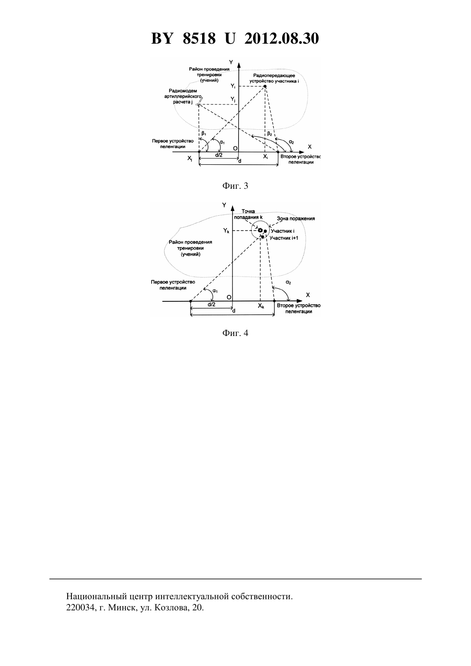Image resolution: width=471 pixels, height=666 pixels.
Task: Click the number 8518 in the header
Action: point(199,39)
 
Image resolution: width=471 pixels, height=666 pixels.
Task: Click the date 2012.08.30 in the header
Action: point(281,39)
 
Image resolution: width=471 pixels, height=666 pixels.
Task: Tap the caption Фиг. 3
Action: point(235,186)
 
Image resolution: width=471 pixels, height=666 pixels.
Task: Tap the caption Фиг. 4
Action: point(235,333)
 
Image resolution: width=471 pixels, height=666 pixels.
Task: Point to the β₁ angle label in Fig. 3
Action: point(204,134)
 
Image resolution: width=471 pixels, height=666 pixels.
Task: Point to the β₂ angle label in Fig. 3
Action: point(269,134)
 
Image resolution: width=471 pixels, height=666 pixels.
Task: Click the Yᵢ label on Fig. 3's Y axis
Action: point(233,86)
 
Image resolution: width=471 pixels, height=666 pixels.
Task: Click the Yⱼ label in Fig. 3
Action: point(233,99)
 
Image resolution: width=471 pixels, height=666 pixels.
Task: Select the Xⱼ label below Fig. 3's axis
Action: point(190,159)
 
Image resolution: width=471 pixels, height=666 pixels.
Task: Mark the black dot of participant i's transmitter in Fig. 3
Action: point(265,86)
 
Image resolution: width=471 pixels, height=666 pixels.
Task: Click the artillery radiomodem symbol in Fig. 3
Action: point(200,102)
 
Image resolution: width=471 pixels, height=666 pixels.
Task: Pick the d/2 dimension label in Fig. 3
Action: point(218,155)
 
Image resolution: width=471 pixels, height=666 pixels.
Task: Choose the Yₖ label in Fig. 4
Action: point(226,230)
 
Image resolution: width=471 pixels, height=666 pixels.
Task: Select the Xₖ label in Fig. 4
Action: point(261,306)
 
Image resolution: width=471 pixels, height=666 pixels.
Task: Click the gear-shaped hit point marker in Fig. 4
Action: point(260,230)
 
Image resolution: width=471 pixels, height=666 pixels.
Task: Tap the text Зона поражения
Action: point(296,219)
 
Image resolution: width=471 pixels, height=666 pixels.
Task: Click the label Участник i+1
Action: point(283,238)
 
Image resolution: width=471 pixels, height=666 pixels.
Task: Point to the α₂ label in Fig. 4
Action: point(288,282)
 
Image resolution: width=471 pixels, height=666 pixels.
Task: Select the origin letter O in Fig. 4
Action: point(229,297)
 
